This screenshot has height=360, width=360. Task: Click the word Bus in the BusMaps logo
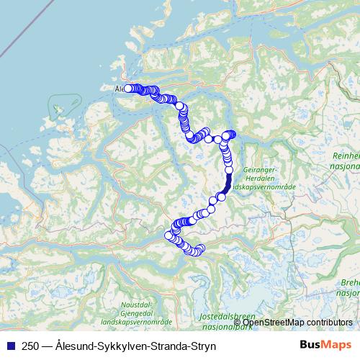311,346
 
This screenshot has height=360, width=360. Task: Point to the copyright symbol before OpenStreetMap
238,322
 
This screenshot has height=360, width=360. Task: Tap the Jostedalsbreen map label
225,317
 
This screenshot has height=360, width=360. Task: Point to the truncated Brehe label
348,284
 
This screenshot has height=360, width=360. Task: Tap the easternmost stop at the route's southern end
201,249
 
